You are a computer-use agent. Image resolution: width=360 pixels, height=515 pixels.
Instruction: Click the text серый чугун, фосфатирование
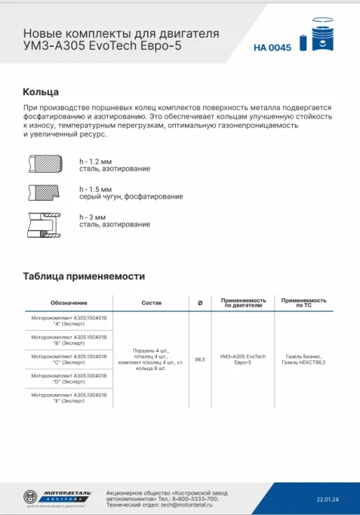(131, 196)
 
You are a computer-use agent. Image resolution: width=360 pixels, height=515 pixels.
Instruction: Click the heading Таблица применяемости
(84, 276)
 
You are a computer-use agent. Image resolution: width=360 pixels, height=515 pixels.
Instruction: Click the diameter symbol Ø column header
(199, 303)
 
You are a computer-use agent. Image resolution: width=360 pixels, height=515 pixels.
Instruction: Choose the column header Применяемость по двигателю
(242, 303)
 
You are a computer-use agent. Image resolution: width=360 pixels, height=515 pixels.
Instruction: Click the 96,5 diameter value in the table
(200, 359)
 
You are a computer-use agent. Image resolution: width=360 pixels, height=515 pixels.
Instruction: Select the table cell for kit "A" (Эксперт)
(69, 322)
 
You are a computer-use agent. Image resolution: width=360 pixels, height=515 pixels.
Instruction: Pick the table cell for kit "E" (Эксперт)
(69, 397)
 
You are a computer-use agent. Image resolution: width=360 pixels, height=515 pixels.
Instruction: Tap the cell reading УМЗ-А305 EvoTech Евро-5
(242, 359)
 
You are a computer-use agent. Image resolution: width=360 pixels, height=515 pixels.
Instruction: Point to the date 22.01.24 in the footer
(328, 499)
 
